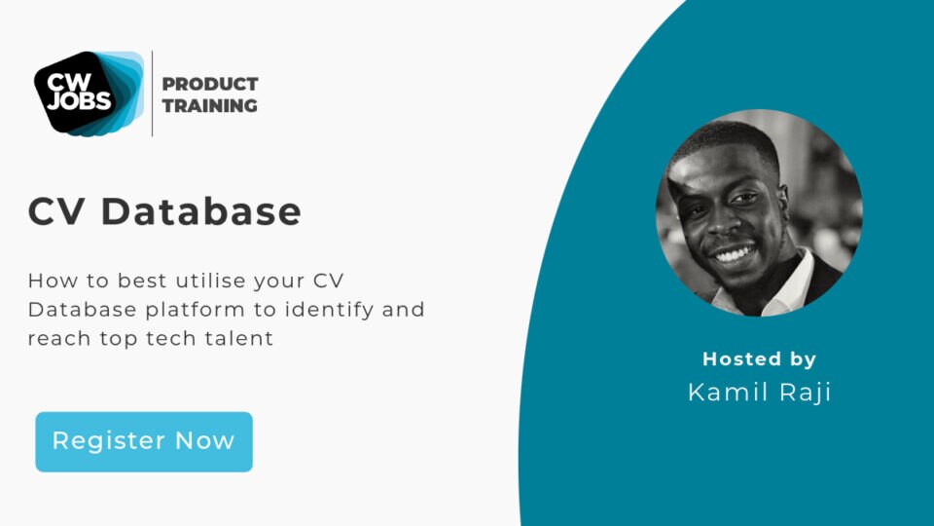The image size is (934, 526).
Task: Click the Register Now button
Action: tap(144, 441)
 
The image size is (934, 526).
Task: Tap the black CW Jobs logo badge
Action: tap(78, 92)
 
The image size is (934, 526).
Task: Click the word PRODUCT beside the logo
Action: tap(210, 84)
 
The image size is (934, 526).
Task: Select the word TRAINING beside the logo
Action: tap(210, 106)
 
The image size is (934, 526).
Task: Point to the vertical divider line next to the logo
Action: tap(152, 94)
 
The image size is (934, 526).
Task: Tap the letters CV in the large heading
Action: tap(57, 211)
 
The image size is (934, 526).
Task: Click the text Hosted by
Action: tap(759, 358)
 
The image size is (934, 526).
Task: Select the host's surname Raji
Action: tap(804, 392)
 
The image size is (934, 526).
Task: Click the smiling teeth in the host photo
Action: tap(736, 255)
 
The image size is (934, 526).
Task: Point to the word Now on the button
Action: tap(205, 441)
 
